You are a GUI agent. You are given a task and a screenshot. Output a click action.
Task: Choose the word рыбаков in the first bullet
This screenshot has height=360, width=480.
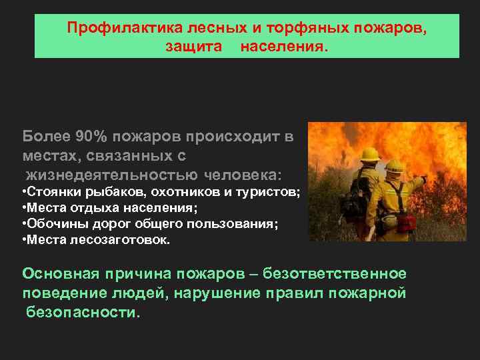(106, 193)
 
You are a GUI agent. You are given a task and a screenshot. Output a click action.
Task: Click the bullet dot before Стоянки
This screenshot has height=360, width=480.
(24, 193)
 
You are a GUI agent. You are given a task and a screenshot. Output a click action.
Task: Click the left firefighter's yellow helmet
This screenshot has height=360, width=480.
(369, 154)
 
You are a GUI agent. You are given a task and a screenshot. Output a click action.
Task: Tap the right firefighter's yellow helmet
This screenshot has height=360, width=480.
(395, 165)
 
